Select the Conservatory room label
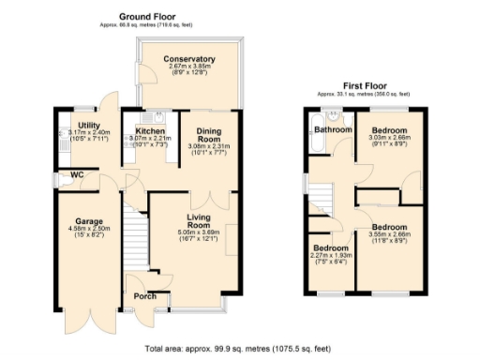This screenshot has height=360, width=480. click(191, 59)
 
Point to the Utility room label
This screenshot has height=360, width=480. click(90, 125)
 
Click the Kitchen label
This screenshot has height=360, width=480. click(150, 131)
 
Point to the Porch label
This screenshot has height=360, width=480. click(145, 297)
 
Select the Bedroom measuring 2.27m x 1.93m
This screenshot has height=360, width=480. click(330, 249)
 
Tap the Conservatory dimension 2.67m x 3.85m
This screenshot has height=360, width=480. click(191, 67)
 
